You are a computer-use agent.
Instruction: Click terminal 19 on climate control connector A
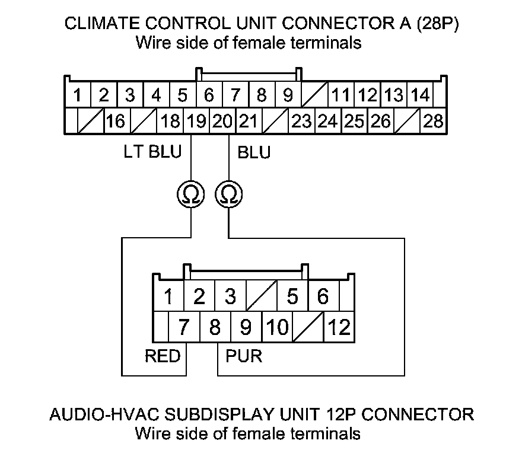pyautogui.click(x=196, y=121)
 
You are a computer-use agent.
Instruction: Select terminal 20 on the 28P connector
pyautogui.click(x=222, y=121)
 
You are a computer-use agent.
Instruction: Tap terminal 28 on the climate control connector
pyautogui.click(x=433, y=121)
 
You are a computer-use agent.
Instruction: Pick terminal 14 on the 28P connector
pyautogui.click(x=420, y=95)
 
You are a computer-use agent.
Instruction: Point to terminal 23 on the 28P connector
pyautogui.click(x=301, y=121)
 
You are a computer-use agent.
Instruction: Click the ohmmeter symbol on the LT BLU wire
pyautogui.click(x=191, y=194)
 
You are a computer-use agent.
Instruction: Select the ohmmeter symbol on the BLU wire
pyautogui.click(x=229, y=194)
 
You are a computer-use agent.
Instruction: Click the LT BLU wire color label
pyautogui.click(x=152, y=152)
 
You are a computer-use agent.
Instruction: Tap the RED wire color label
pyautogui.click(x=163, y=356)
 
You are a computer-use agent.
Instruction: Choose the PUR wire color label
pyautogui.click(x=244, y=356)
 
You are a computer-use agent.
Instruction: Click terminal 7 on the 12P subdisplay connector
pyautogui.click(x=184, y=327)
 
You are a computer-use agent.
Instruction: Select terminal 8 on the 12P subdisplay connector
pyautogui.click(x=215, y=327)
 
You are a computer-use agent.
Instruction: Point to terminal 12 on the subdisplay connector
pyautogui.click(x=339, y=327)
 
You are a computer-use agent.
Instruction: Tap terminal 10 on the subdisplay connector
pyautogui.click(x=278, y=327)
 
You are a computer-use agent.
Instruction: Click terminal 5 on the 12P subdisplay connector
pyautogui.click(x=292, y=296)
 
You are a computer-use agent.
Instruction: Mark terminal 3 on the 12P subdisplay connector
pyautogui.click(x=230, y=296)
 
